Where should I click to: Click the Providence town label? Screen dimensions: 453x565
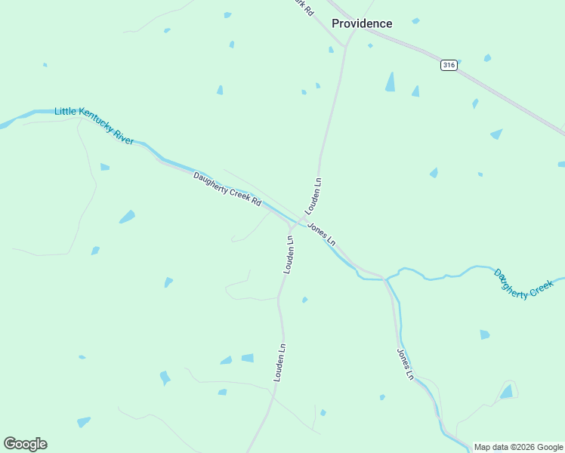[362, 23]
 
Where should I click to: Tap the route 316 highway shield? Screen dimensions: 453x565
[449, 66]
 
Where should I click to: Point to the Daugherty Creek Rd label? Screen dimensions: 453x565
[227, 190]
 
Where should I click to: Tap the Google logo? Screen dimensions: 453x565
[25, 444]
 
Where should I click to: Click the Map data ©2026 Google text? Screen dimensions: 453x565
[519, 447]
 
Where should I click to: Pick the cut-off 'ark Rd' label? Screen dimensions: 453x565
[304, 5]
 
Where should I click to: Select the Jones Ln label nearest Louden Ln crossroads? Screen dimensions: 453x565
[322, 233]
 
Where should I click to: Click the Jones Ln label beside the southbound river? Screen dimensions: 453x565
[405, 364]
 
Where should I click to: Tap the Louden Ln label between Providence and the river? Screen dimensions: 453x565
[313, 195]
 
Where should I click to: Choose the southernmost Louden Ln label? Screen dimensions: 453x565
[279, 362]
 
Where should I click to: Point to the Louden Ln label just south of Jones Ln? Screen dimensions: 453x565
[289, 254]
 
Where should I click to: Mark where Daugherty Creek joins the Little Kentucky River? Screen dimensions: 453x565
[386, 279]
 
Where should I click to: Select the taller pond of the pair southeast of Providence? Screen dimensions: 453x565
[390, 82]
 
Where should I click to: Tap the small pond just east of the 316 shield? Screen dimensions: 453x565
[487, 58]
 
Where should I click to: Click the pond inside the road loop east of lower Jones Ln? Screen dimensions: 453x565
[507, 392]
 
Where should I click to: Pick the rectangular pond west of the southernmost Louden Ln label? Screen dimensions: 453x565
[247, 358]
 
